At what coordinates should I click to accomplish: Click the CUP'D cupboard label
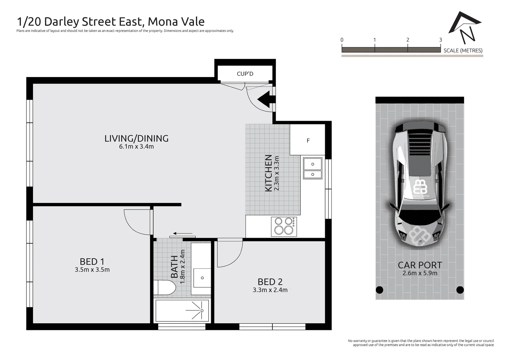(x=245, y=74)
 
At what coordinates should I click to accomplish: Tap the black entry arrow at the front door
(x=266, y=99)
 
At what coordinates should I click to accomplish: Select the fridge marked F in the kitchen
(x=307, y=140)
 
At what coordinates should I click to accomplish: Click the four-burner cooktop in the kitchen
(x=284, y=226)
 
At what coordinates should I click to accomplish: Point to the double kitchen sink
(x=313, y=169)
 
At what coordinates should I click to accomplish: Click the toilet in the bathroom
(x=165, y=288)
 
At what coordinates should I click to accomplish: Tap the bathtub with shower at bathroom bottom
(x=182, y=311)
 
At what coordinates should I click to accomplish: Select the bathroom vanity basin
(x=202, y=278)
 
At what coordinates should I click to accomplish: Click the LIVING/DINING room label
(x=136, y=138)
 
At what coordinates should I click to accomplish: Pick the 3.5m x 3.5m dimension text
(x=92, y=270)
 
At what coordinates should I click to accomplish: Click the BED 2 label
(x=270, y=282)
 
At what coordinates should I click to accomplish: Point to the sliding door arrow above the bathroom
(x=183, y=234)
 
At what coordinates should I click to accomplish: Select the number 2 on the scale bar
(x=407, y=40)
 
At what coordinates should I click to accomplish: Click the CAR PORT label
(x=420, y=265)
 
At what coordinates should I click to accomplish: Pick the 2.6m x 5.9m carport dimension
(x=420, y=273)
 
